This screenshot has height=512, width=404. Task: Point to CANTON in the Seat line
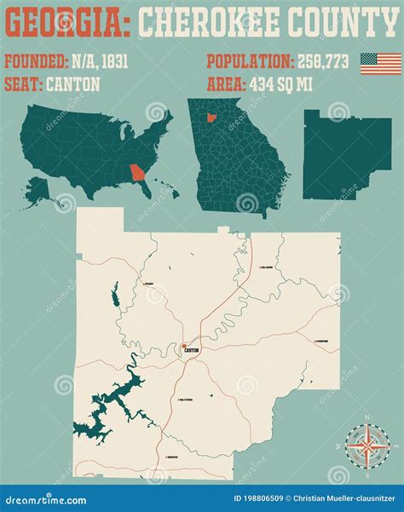[x=73, y=84]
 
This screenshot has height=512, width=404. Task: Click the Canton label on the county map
[x=191, y=350]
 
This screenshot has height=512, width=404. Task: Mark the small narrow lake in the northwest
[x=114, y=297]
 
